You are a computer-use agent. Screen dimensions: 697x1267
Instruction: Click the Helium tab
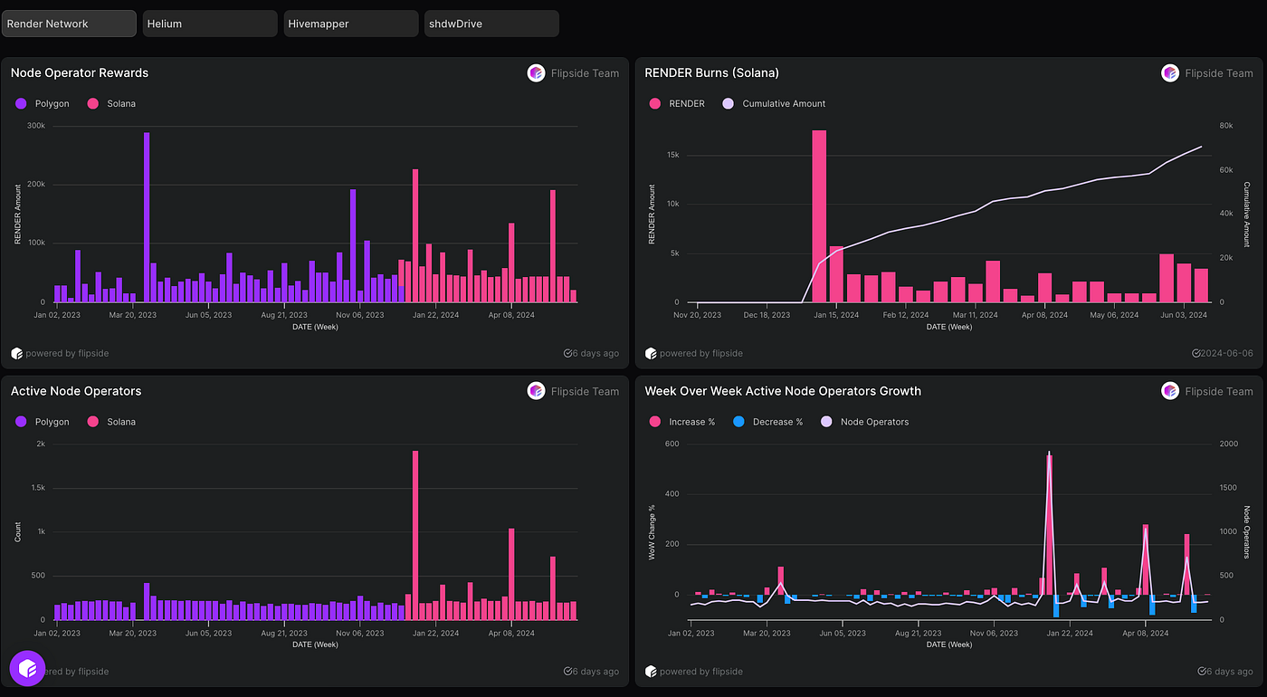click(209, 24)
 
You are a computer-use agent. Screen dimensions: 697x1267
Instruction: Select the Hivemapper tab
click(350, 24)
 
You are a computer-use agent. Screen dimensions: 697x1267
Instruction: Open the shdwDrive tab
click(491, 24)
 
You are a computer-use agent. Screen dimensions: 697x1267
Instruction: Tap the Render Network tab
click(69, 24)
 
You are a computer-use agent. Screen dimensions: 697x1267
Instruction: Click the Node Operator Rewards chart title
click(80, 72)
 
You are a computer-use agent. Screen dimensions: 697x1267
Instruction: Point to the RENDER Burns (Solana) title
click(711, 72)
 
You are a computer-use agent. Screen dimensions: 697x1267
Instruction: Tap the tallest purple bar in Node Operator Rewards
click(147, 217)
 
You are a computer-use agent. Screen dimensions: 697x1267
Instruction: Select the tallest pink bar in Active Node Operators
click(415, 534)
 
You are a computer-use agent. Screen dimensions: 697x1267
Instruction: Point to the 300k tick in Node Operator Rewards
click(36, 126)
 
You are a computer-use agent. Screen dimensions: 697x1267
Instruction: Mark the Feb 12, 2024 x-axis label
click(906, 315)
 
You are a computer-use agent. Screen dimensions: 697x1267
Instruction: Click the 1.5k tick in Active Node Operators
click(37, 488)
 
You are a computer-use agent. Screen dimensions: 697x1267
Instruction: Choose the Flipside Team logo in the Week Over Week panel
click(1170, 391)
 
